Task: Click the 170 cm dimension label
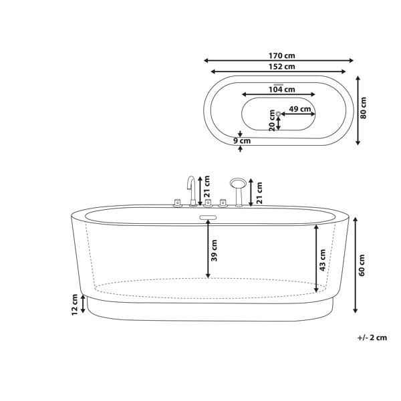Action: click(x=281, y=55)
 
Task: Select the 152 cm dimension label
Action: click(x=281, y=66)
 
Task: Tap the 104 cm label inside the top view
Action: click(x=281, y=90)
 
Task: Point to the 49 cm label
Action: click(x=299, y=109)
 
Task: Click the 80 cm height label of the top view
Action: click(x=363, y=108)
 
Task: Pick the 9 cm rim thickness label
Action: click(x=242, y=140)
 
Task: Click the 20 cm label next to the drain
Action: click(x=272, y=120)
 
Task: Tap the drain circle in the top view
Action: click(x=278, y=114)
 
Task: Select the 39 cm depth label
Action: click(x=214, y=251)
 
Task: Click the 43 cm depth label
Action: click(x=323, y=260)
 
